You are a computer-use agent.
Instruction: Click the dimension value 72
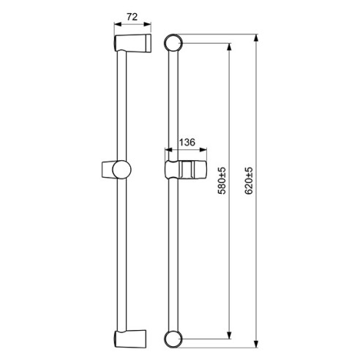132,17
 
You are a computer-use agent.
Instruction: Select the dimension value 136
187,142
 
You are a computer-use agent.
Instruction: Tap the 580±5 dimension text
222,181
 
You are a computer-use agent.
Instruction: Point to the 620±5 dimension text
249,181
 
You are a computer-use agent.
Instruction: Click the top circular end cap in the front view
173,42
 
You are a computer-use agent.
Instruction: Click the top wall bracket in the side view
132,43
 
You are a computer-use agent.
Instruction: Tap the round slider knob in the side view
121,170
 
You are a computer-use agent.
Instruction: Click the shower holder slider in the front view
186,170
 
